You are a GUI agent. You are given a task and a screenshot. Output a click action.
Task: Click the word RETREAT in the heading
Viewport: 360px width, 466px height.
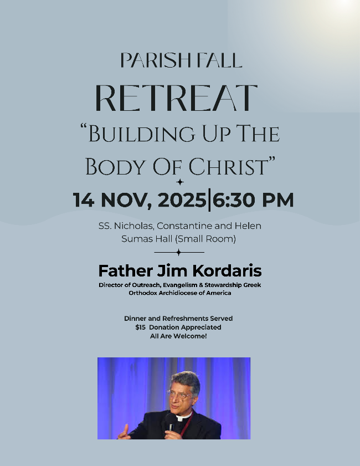point(176,98)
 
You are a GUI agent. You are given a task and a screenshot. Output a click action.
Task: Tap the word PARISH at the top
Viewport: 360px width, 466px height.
point(155,60)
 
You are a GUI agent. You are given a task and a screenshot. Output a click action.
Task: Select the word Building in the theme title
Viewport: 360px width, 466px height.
point(142,134)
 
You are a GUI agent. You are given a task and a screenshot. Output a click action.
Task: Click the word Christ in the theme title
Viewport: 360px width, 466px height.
point(229,166)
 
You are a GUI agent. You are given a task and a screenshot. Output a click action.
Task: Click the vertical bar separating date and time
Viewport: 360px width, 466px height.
point(209,199)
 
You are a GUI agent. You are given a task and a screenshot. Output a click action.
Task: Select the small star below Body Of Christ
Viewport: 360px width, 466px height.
point(179,182)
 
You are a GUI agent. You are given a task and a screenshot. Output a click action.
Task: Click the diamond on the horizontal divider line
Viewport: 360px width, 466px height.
point(178,252)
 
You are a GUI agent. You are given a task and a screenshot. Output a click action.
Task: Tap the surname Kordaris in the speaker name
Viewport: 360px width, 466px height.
point(227,271)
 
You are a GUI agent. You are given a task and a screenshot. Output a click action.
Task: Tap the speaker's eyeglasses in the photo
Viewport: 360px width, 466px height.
point(179,395)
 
